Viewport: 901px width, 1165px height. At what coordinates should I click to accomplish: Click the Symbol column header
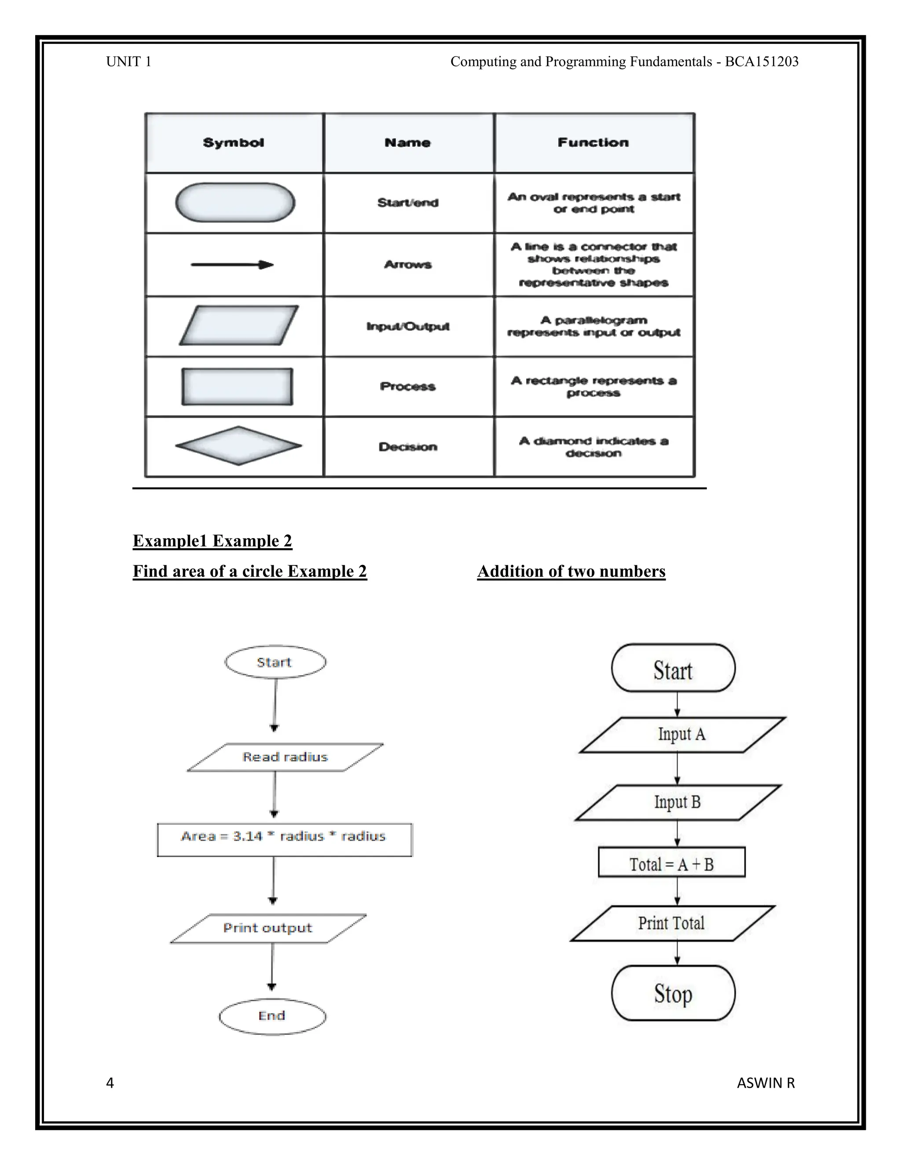[x=234, y=143]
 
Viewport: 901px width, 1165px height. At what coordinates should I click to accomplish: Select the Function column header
[x=593, y=142]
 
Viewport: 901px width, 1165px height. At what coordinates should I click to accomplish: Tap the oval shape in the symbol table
[x=235, y=203]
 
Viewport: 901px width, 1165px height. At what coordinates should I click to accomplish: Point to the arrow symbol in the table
[x=232, y=265]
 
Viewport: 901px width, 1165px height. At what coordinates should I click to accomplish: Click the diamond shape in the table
[x=238, y=446]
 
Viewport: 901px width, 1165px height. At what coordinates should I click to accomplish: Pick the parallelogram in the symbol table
[x=238, y=325]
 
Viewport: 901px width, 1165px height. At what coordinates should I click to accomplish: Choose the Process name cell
[x=408, y=386]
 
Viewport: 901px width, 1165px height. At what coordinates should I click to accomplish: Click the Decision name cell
[x=408, y=447]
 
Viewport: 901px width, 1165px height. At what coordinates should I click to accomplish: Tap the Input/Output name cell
[x=408, y=326]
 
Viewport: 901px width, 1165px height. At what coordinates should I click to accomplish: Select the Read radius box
[x=285, y=757]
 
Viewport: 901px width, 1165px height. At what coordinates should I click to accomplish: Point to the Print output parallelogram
[x=268, y=928]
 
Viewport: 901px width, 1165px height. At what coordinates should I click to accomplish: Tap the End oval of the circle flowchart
[x=272, y=1016]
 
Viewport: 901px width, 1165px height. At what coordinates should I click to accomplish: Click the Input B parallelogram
[x=678, y=802]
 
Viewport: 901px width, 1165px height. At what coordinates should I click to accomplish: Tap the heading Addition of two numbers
[x=571, y=572]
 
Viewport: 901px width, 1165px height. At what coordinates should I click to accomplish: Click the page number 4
[x=110, y=1083]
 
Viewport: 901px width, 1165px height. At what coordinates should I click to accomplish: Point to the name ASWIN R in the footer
[x=765, y=1083]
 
